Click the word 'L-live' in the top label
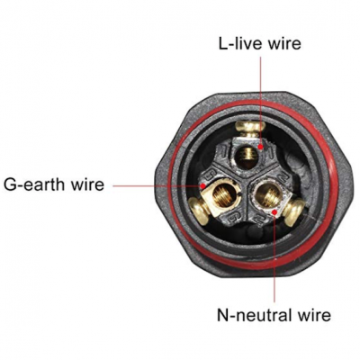click(240, 44)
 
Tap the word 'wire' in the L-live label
click(284, 44)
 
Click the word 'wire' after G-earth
click(87, 184)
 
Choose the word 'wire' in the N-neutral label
click(314, 315)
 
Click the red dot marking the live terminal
click(261, 147)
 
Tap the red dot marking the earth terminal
click(203, 186)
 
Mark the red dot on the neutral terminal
click(274, 212)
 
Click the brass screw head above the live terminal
click(249, 129)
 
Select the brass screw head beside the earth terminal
click(199, 211)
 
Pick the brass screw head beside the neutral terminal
click(293, 212)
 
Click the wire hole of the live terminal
click(246, 156)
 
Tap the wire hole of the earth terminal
click(223, 197)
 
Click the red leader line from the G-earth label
click(157, 186)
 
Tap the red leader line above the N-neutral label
click(274, 258)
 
